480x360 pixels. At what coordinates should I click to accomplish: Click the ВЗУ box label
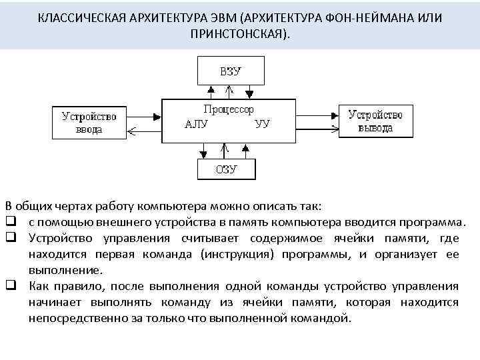click(230, 70)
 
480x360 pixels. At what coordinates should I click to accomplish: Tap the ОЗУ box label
click(226, 169)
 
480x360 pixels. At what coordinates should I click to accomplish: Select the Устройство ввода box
click(89, 122)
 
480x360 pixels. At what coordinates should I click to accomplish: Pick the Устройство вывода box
click(375, 120)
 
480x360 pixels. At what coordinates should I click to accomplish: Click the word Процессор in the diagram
click(228, 109)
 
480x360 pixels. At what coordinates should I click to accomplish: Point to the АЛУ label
click(196, 123)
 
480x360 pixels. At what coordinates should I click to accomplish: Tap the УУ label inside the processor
click(262, 123)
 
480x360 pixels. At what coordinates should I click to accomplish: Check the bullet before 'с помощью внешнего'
click(11, 221)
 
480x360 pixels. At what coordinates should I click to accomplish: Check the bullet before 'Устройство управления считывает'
click(11, 238)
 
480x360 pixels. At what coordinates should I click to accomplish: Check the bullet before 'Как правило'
click(11, 287)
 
